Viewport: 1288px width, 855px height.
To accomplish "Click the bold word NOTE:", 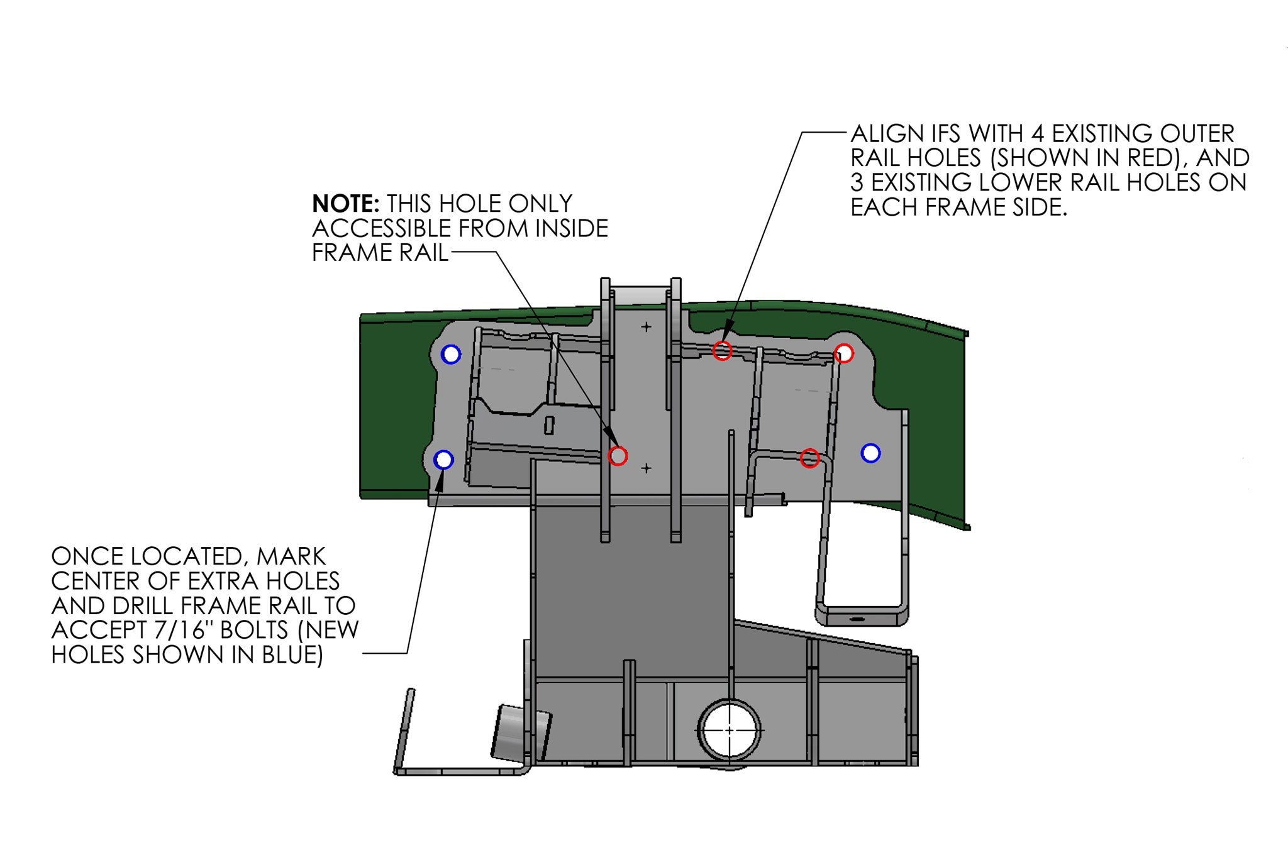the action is (345, 204).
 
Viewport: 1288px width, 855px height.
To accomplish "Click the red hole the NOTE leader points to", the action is (618, 456).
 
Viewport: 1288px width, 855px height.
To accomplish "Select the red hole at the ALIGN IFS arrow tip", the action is (722, 350).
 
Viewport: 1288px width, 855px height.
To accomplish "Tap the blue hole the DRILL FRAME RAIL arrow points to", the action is (444, 460).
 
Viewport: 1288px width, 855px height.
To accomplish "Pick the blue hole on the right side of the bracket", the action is (870, 453).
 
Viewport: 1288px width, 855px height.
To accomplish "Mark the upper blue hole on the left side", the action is (451, 354).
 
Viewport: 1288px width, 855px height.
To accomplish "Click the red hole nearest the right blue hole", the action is (810, 458).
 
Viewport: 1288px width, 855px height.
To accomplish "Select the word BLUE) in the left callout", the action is (293, 655).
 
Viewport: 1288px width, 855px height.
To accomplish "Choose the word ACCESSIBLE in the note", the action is (381, 228).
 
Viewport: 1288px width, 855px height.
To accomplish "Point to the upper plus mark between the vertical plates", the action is (646, 327).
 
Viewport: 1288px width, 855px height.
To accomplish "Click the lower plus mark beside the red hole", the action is (646, 468).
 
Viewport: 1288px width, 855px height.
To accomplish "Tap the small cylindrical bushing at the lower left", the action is (521, 732).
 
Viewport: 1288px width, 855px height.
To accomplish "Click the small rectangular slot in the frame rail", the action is (549, 425).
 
